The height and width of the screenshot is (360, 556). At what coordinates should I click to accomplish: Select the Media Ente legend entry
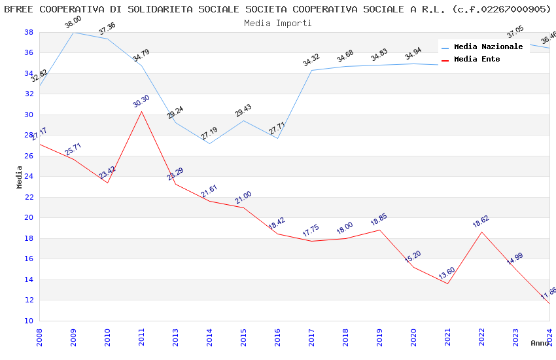[x=477, y=59]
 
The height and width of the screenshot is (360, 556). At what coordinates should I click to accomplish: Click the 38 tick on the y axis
[x=29, y=32]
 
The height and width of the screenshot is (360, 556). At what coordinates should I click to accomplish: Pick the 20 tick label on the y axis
[x=29, y=218]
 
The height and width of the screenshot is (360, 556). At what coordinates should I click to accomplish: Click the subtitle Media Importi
[x=277, y=23]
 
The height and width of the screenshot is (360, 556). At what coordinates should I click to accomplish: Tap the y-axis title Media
[x=19, y=177]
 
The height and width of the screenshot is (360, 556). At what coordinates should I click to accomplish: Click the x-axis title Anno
[x=540, y=343]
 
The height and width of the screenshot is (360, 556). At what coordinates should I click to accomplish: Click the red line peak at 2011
[x=141, y=111]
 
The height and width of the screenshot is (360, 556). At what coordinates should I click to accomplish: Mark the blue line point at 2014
[x=209, y=143]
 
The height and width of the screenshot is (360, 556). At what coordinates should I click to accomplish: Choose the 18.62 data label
[x=481, y=222]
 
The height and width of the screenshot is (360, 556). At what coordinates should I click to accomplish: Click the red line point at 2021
[x=447, y=283]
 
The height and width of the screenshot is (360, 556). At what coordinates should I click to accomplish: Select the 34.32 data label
[x=311, y=61]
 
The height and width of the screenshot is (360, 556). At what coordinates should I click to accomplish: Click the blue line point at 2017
[x=311, y=70]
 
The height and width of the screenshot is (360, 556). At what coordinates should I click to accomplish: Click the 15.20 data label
[x=413, y=257]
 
